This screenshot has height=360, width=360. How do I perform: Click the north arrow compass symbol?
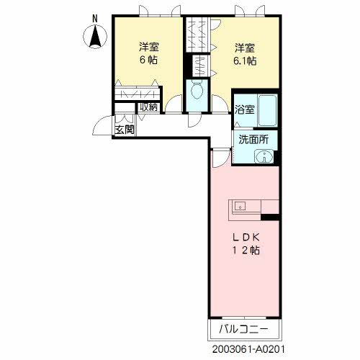95,37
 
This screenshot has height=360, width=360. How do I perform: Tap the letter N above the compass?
95,19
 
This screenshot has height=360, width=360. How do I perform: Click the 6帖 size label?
149,60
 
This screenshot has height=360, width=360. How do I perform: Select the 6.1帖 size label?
245,61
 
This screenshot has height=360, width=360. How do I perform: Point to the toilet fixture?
197,90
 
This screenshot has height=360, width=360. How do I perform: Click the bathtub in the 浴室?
268,110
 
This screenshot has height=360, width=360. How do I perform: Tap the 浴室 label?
245,109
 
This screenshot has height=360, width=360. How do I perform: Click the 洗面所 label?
253,140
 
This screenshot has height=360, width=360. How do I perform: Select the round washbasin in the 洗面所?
264,157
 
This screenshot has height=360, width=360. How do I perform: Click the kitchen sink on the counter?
240,206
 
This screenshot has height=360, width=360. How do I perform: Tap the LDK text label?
246,238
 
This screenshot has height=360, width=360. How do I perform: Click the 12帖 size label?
246,251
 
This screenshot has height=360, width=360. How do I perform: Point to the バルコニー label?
243,329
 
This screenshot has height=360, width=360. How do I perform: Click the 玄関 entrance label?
125,130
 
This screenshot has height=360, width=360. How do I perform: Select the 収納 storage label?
149,107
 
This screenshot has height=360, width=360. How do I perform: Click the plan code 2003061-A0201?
248,349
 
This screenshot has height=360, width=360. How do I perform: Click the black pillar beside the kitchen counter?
270,217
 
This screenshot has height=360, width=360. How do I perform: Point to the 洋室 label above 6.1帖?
245,48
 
